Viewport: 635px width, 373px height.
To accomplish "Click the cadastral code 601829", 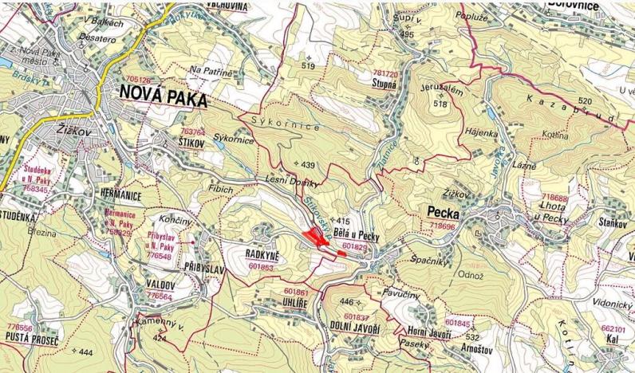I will pyautogui.click(x=353, y=247).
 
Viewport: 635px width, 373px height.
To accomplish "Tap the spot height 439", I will pyautogui.click(x=308, y=164).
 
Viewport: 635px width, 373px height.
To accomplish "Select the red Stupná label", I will pyautogui.click(x=385, y=81).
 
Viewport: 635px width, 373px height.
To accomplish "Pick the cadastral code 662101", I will pyautogui.click(x=612, y=328).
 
